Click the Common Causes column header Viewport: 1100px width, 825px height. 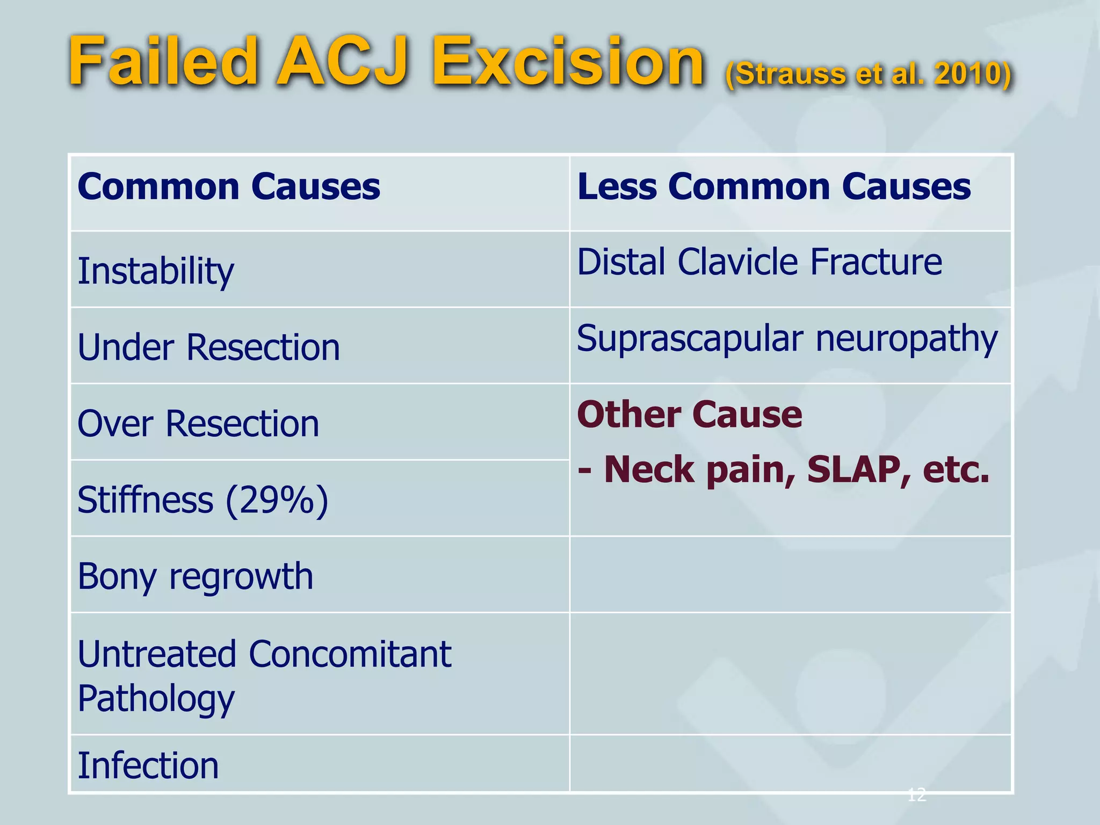pyautogui.click(x=229, y=187)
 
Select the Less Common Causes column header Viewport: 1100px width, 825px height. pyautogui.click(x=773, y=187)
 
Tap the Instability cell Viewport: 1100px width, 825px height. pyautogui.click(x=156, y=271)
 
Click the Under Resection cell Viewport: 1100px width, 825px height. pyautogui.click(x=208, y=348)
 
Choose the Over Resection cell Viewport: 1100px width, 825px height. pyautogui.click(x=198, y=424)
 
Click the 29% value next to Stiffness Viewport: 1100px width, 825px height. pyautogui.click(x=277, y=500)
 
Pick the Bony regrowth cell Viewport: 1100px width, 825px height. pyautogui.click(x=195, y=576)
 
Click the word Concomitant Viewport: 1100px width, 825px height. pyautogui.click(x=350, y=654)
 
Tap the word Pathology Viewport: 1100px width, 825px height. pyautogui.click(x=156, y=698)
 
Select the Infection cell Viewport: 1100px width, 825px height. pyautogui.click(x=148, y=765)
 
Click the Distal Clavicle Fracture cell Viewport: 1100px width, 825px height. pyautogui.click(x=759, y=262)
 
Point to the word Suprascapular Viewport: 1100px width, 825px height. pyautogui.click(x=690, y=339)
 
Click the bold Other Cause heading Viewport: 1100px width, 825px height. pyautogui.click(x=689, y=415)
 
